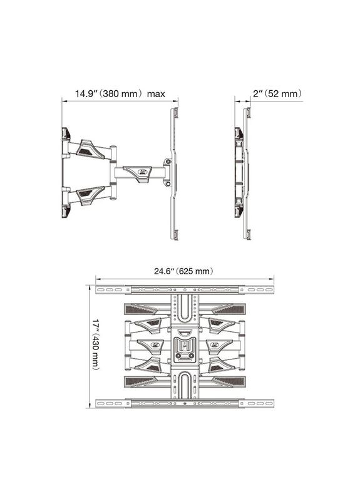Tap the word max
point(157,94)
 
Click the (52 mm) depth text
point(283,94)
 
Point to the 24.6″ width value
point(164,271)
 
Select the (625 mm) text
point(196,271)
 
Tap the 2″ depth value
point(258,94)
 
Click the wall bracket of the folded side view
point(239,172)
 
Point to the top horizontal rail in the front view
point(185,290)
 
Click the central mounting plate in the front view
point(184,348)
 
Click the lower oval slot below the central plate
point(184,385)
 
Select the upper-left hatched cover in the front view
point(145,308)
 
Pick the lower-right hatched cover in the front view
point(224,382)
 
